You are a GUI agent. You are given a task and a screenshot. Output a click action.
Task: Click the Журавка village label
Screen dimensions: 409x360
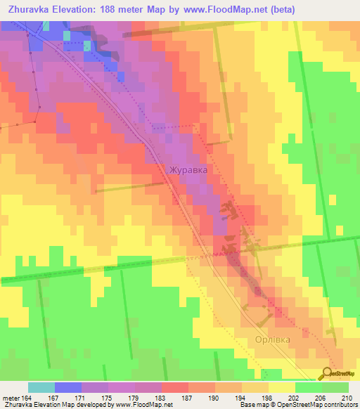point(188,169)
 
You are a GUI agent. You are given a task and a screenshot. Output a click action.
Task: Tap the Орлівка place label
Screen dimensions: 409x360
point(268,339)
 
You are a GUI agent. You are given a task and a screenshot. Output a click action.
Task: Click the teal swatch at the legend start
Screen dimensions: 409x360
point(41,387)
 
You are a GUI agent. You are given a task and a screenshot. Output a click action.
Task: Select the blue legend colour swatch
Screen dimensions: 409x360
point(68,387)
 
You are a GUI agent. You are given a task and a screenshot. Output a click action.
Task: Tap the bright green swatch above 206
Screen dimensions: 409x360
point(308,387)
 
